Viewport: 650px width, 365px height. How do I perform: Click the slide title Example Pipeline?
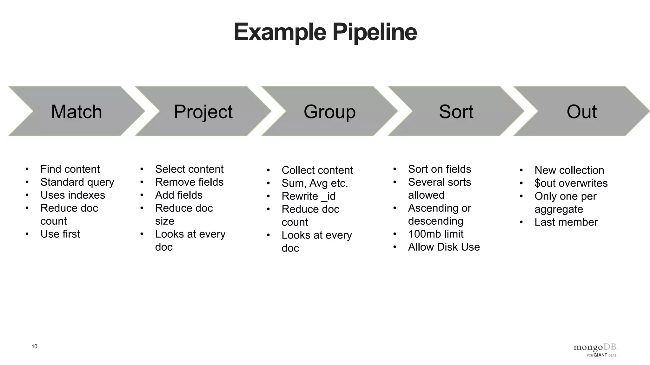coord(325,32)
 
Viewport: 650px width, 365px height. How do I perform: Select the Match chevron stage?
coord(76,112)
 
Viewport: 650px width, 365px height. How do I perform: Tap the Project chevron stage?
coord(203,112)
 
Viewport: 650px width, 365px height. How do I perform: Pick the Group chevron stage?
coord(329,112)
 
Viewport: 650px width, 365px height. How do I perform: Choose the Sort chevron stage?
coord(456,112)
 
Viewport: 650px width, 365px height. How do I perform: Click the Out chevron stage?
coord(581,112)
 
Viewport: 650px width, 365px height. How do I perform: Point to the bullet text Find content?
coord(70,169)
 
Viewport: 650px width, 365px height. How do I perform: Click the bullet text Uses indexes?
coord(73,195)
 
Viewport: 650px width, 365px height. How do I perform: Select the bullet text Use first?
coord(60,234)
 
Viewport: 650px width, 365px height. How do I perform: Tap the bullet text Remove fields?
coord(189,182)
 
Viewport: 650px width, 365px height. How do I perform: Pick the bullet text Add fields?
coord(179,195)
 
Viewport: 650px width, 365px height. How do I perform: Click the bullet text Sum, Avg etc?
coord(315,183)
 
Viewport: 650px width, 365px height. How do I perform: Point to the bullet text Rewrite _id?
coord(308,196)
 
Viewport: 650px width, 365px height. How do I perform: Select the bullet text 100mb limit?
coord(436,234)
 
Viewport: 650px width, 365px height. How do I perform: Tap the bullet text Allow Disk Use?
coord(444,247)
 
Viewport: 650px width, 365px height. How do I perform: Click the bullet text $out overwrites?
coord(571,183)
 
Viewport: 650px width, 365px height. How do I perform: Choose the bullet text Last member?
coord(566,222)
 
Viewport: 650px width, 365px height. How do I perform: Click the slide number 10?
coord(34,346)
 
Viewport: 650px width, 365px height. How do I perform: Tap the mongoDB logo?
coord(595,349)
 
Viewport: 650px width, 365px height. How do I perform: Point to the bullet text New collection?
coord(569,170)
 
